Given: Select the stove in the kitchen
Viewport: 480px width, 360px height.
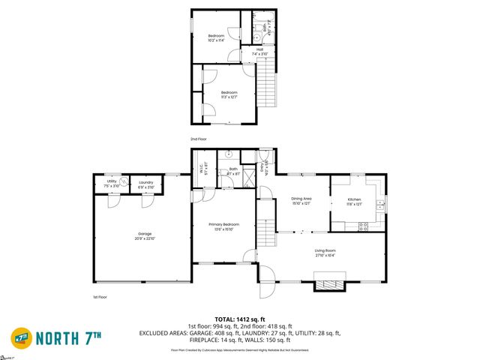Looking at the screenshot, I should point(364,226).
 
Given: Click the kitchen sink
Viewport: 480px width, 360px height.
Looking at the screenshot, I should point(380,203).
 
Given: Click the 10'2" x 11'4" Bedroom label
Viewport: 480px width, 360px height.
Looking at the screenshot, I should point(217,37).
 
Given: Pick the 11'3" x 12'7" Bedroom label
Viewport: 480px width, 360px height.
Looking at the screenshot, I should point(229,94).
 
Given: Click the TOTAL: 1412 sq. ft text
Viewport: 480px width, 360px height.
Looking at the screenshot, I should point(239,319).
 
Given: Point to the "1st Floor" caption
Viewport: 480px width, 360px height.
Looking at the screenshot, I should point(101,297).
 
